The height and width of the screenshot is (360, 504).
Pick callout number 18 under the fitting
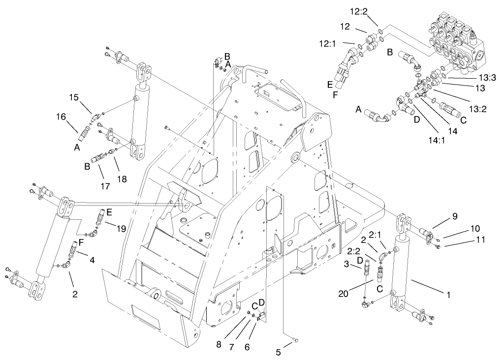121,180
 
